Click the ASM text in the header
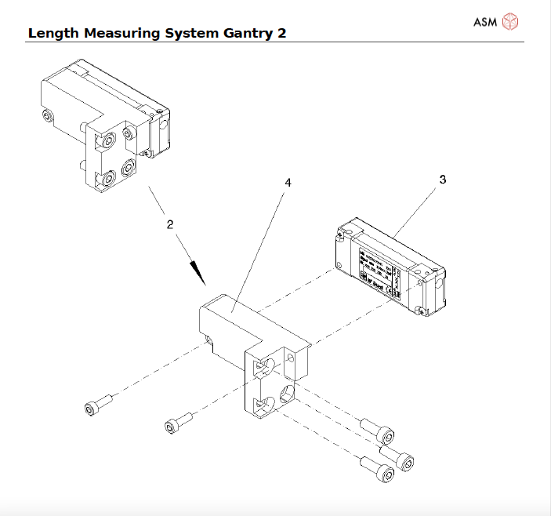click(485, 21)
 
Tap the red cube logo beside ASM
click(510, 21)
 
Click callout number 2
click(169, 223)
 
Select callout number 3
click(443, 180)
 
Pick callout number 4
click(288, 182)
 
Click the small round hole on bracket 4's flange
click(293, 358)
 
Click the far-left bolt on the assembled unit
click(48, 116)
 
